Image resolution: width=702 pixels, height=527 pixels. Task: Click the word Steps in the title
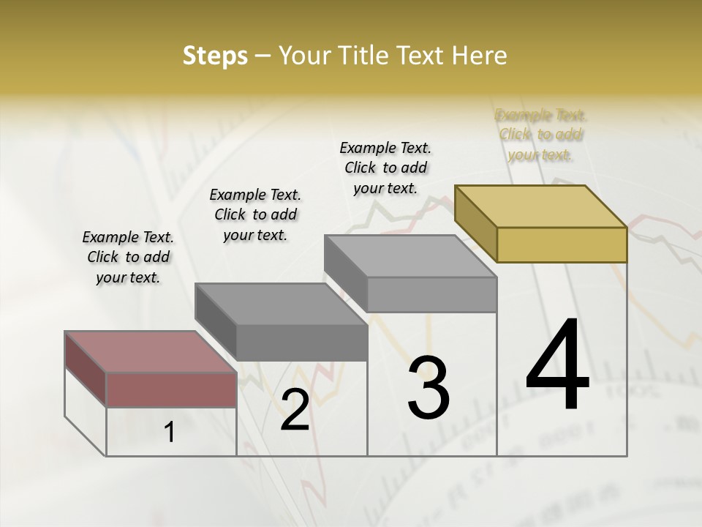(x=215, y=56)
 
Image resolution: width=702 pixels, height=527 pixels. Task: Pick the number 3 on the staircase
(x=428, y=388)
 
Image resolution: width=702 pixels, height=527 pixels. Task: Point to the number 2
(x=295, y=410)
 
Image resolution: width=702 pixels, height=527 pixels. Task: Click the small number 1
(x=170, y=433)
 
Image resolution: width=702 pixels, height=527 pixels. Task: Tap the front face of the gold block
(x=562, y=244)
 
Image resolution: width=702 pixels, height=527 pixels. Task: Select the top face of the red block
(x=151, y=352)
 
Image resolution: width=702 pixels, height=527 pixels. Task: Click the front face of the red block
(x=171, y=389)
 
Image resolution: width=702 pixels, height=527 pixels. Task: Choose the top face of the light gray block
(x=410, y=256)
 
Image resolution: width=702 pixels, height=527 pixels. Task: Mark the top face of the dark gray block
(x=281, y=304)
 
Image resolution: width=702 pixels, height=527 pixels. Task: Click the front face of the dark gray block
(x=301, y=343)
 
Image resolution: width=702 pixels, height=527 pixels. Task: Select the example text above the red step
(x=128, y=257)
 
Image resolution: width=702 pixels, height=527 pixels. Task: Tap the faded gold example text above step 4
(x=541, y=135)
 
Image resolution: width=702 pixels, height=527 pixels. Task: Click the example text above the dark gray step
(x=255, y=214)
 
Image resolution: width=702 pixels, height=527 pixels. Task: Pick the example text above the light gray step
(x=385, y=168)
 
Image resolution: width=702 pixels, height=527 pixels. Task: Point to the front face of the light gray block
(x=431, y=294)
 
